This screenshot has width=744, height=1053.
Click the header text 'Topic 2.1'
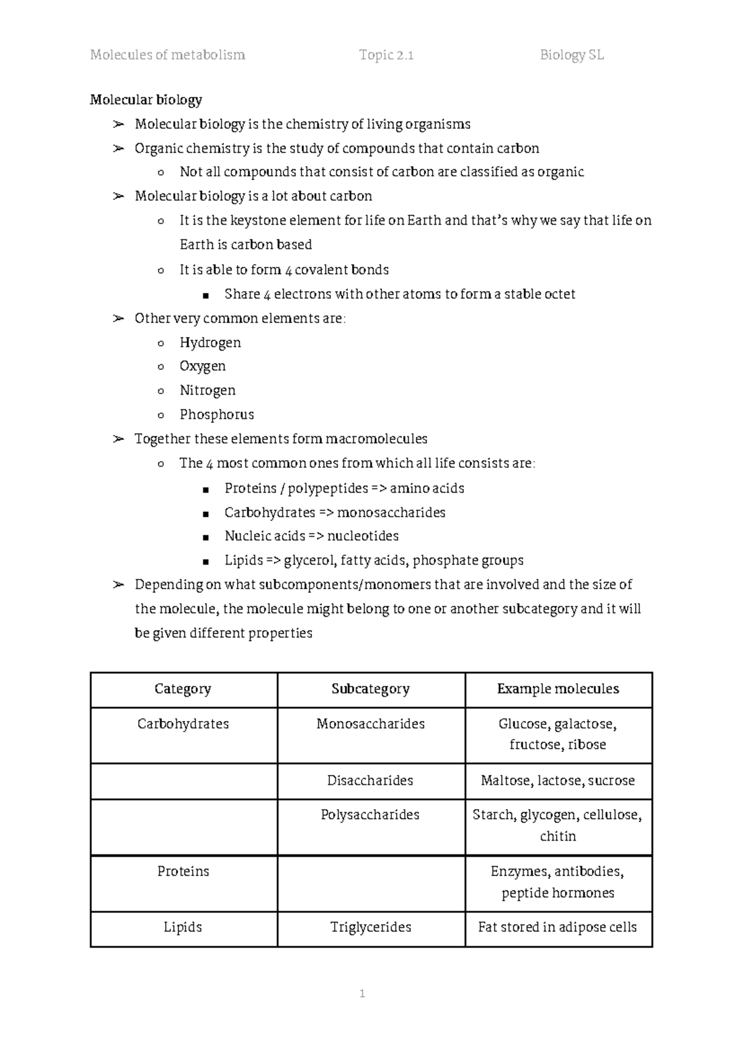click(386, 55)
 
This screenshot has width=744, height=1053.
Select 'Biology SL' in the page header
click(572, 55)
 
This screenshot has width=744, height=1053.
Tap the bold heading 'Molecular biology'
click(146, 100)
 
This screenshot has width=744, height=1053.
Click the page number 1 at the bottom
click(362, 993)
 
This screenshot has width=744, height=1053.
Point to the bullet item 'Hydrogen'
click(210, 343)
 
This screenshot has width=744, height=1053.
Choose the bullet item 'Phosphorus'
click(216, 414)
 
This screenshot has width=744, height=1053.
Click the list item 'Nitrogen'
click(207, 390)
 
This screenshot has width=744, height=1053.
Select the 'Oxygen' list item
click(202, 366)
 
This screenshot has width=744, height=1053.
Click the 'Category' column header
click(183, 689)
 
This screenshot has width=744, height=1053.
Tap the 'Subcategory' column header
click(370, 689)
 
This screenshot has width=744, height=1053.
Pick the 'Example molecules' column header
click(558, 689)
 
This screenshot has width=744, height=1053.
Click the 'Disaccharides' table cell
click(370, 781)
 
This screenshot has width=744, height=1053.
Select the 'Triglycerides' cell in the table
click(370, 927)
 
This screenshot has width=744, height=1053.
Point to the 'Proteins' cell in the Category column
click(183, 871)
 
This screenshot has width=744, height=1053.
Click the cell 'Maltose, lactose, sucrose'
click(558, 781)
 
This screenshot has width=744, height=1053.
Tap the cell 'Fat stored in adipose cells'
click(558, 927)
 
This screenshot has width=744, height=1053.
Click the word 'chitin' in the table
click(558, 836)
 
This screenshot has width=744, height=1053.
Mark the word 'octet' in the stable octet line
click(559, 294)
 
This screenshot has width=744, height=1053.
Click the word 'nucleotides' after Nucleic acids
click(363, 536)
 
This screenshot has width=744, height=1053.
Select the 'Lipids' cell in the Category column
click(183, 927)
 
